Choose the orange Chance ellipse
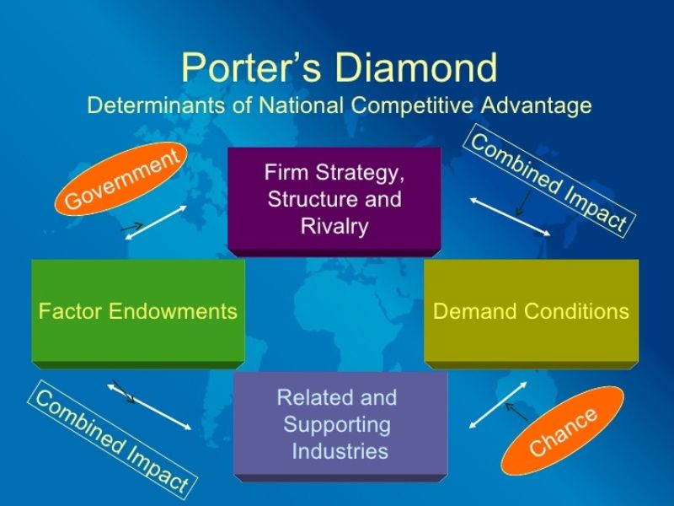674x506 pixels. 563,430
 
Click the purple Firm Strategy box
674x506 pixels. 334,200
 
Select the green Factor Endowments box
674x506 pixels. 138,311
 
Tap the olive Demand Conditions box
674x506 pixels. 531,311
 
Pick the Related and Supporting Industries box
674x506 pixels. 340,423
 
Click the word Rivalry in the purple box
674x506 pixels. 334,227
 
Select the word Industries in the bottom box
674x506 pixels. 340,451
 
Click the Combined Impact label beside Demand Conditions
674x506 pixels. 548,182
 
